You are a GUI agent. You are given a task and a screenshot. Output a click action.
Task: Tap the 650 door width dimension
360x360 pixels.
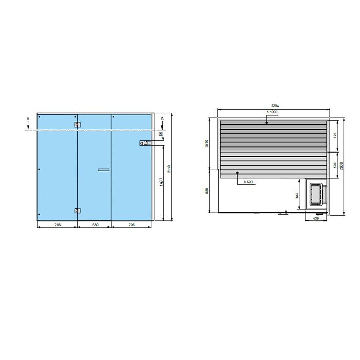[x=94, y=224]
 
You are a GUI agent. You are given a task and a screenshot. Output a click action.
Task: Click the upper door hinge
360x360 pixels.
[x=77, y=124]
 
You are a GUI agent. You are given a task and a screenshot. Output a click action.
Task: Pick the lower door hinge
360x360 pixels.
[x=77, y=210]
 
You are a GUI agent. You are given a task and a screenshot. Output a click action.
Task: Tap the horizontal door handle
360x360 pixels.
[x=103, y=169]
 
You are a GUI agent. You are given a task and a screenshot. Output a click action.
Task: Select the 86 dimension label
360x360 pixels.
[x=161, y=134]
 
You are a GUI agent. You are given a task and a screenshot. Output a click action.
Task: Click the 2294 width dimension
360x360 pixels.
[x=273, y=106]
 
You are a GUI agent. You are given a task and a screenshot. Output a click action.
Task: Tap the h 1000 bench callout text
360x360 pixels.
[x=272, y=112]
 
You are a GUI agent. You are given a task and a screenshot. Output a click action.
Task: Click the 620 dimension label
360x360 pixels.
[x=335, y=136]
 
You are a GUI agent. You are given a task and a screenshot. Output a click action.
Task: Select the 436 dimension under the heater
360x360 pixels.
[x=316, y=218]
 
